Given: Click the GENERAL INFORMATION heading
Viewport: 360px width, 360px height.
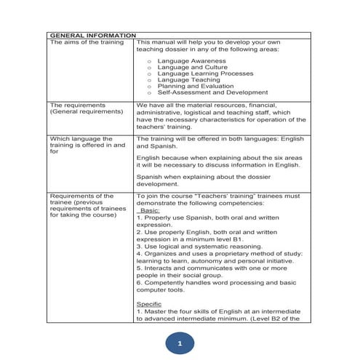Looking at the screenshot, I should (92, 35).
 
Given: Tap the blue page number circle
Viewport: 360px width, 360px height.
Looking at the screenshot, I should (180, 341).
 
